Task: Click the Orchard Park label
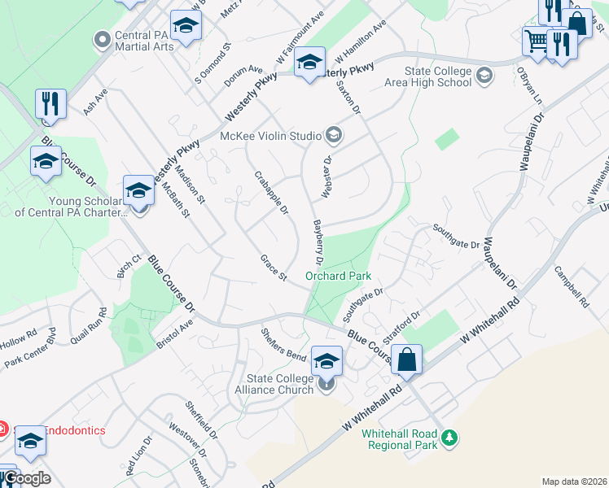tap(338, 276)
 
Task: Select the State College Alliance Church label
tap(280, 384)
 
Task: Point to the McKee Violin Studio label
tap(272, 136)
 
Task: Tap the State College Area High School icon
tap(484, 76)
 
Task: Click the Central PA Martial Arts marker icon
tap(103, 38)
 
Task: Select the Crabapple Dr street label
tap(272, 193)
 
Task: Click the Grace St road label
tap(274, 268)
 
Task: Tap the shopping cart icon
tap(537, 41)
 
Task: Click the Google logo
tap(26, 478)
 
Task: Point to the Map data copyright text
tap(573, 481)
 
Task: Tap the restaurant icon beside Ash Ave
tap(50, 103)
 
